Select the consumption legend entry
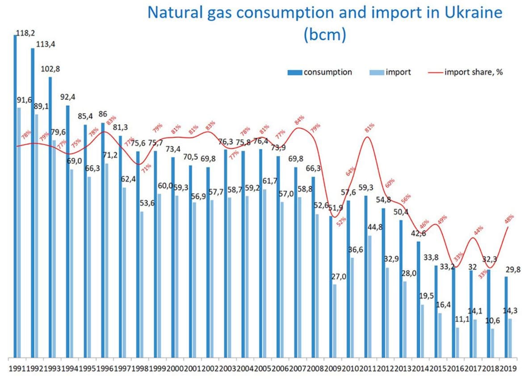tap(328, 72)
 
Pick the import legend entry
tap(398, 72)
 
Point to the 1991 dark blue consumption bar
tap(15, 197)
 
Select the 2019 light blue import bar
tap(510, 338)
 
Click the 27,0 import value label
tap(338, 277)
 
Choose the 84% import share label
tap(299, 120)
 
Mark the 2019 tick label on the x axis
tap(508, 369)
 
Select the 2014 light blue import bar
tap(422, 331)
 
